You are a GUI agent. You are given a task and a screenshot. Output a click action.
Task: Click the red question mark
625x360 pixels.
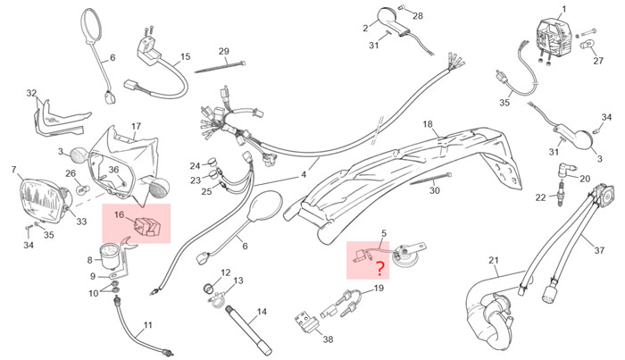(x=379, y=269)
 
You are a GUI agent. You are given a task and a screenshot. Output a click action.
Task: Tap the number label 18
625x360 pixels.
(x=428, y=124)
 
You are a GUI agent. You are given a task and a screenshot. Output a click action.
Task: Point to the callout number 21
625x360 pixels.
(x=493, y=261)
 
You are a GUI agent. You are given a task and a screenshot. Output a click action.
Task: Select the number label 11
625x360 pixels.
(x=147, y=325)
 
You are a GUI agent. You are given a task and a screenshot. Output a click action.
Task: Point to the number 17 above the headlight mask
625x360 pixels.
(x=137, y=126)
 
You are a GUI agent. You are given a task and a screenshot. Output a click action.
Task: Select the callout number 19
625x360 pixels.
(x=379, y=289)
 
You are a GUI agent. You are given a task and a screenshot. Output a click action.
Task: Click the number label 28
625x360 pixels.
(x=418, y=16)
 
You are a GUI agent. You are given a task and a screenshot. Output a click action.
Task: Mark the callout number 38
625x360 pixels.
(x=328, y=339)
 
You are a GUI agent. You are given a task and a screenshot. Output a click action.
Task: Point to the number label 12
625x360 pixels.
(x=225, y=272)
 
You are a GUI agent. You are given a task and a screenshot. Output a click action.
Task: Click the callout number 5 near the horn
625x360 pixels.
(x=384, y=233)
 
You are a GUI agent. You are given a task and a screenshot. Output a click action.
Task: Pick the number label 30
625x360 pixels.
(x=435, y=190)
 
